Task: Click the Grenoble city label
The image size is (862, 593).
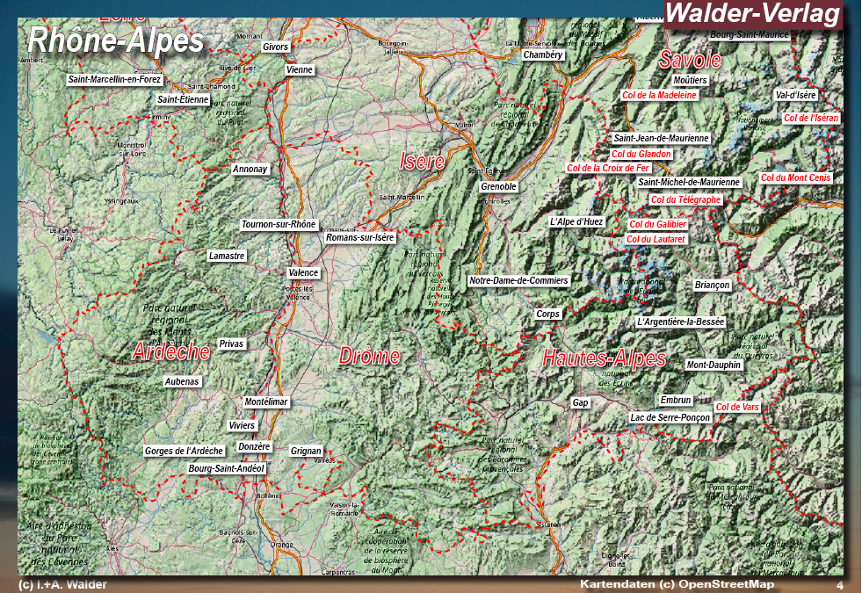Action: click(x=498, y=187)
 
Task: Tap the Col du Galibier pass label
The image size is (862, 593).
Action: click(x=657, y=225)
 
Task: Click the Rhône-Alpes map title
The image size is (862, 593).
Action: click(x=115, y=40)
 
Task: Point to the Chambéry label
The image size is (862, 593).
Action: click(x=542, y=54)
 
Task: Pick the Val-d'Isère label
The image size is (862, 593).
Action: click(x=795, y=95)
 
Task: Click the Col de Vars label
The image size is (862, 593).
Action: click(x=736, y=408)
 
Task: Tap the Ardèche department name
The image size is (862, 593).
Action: click(x=170, y=352)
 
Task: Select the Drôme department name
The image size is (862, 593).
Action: click(x=369, y=356)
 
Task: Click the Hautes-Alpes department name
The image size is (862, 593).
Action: click(x=604, y=358)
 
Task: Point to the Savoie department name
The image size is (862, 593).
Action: click(x=690, y=60)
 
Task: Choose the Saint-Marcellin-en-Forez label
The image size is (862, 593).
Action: click(x=115, y=79)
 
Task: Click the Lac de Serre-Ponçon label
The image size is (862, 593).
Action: click(x=670, y=418)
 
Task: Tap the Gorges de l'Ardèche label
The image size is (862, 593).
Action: click(x=184, y=452)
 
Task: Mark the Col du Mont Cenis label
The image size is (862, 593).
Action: click(x=795, y=178)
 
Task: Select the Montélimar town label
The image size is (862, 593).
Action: click(x=266, y=401)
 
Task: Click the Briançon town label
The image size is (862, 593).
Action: click(x=712, y=286)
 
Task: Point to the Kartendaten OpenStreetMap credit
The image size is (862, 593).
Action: click(x=677, y=585)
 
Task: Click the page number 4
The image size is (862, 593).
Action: click(x=839, y=585)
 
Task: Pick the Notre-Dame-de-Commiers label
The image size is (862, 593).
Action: click(x=518, y=281)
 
